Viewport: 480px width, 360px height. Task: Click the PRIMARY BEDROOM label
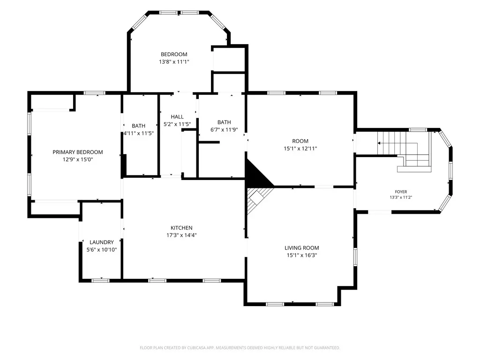point(78,152)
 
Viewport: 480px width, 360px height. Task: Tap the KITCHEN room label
point(181,228)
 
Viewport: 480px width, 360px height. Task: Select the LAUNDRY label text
point(102,242)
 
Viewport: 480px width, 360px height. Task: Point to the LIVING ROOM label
point(302,248)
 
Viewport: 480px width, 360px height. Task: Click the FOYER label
point(401,192)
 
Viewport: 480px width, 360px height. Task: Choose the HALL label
point(177,117)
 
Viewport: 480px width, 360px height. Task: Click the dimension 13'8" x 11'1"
point(174,62)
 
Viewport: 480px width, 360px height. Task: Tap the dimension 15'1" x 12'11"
point(300,149)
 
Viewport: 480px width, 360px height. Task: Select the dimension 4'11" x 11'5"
point(139,133)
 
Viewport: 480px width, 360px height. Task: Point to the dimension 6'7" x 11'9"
point(224,129)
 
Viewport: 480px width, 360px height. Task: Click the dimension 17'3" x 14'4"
point(181,235)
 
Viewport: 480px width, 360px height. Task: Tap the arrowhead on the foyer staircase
point(379,143)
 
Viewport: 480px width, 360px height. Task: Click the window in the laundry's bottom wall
point(100,280)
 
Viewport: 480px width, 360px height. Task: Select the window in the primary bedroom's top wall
point(95,93)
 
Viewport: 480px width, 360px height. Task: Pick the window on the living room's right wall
point(355,256)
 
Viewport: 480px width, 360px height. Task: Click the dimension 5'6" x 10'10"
point(102,249)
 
